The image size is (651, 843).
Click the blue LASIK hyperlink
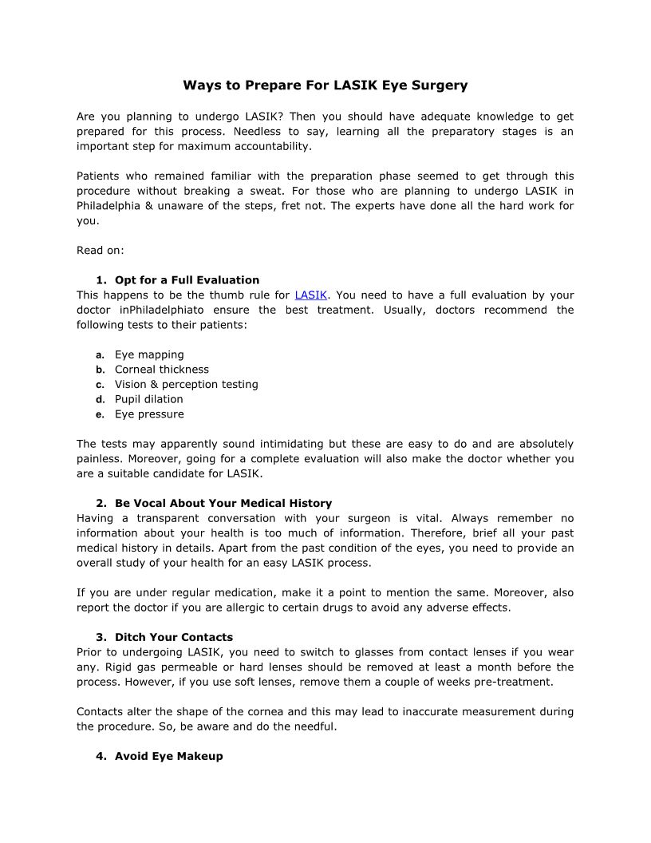[311, 295]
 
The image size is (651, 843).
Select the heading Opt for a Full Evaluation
[187, 280]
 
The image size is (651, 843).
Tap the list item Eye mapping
[149, 354]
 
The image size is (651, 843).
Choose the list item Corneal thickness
[162, 370]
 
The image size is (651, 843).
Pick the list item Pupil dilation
[149, 399]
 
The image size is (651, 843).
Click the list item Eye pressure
[149, 414]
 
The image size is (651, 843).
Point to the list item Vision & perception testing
[187, 385]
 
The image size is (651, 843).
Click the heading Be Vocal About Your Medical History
[223, 504]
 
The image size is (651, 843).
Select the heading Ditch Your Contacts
[174, 638]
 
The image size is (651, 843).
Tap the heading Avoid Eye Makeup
[169, 756]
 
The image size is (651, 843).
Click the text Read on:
[101, 251]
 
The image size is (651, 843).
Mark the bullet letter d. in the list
[100, 399]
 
